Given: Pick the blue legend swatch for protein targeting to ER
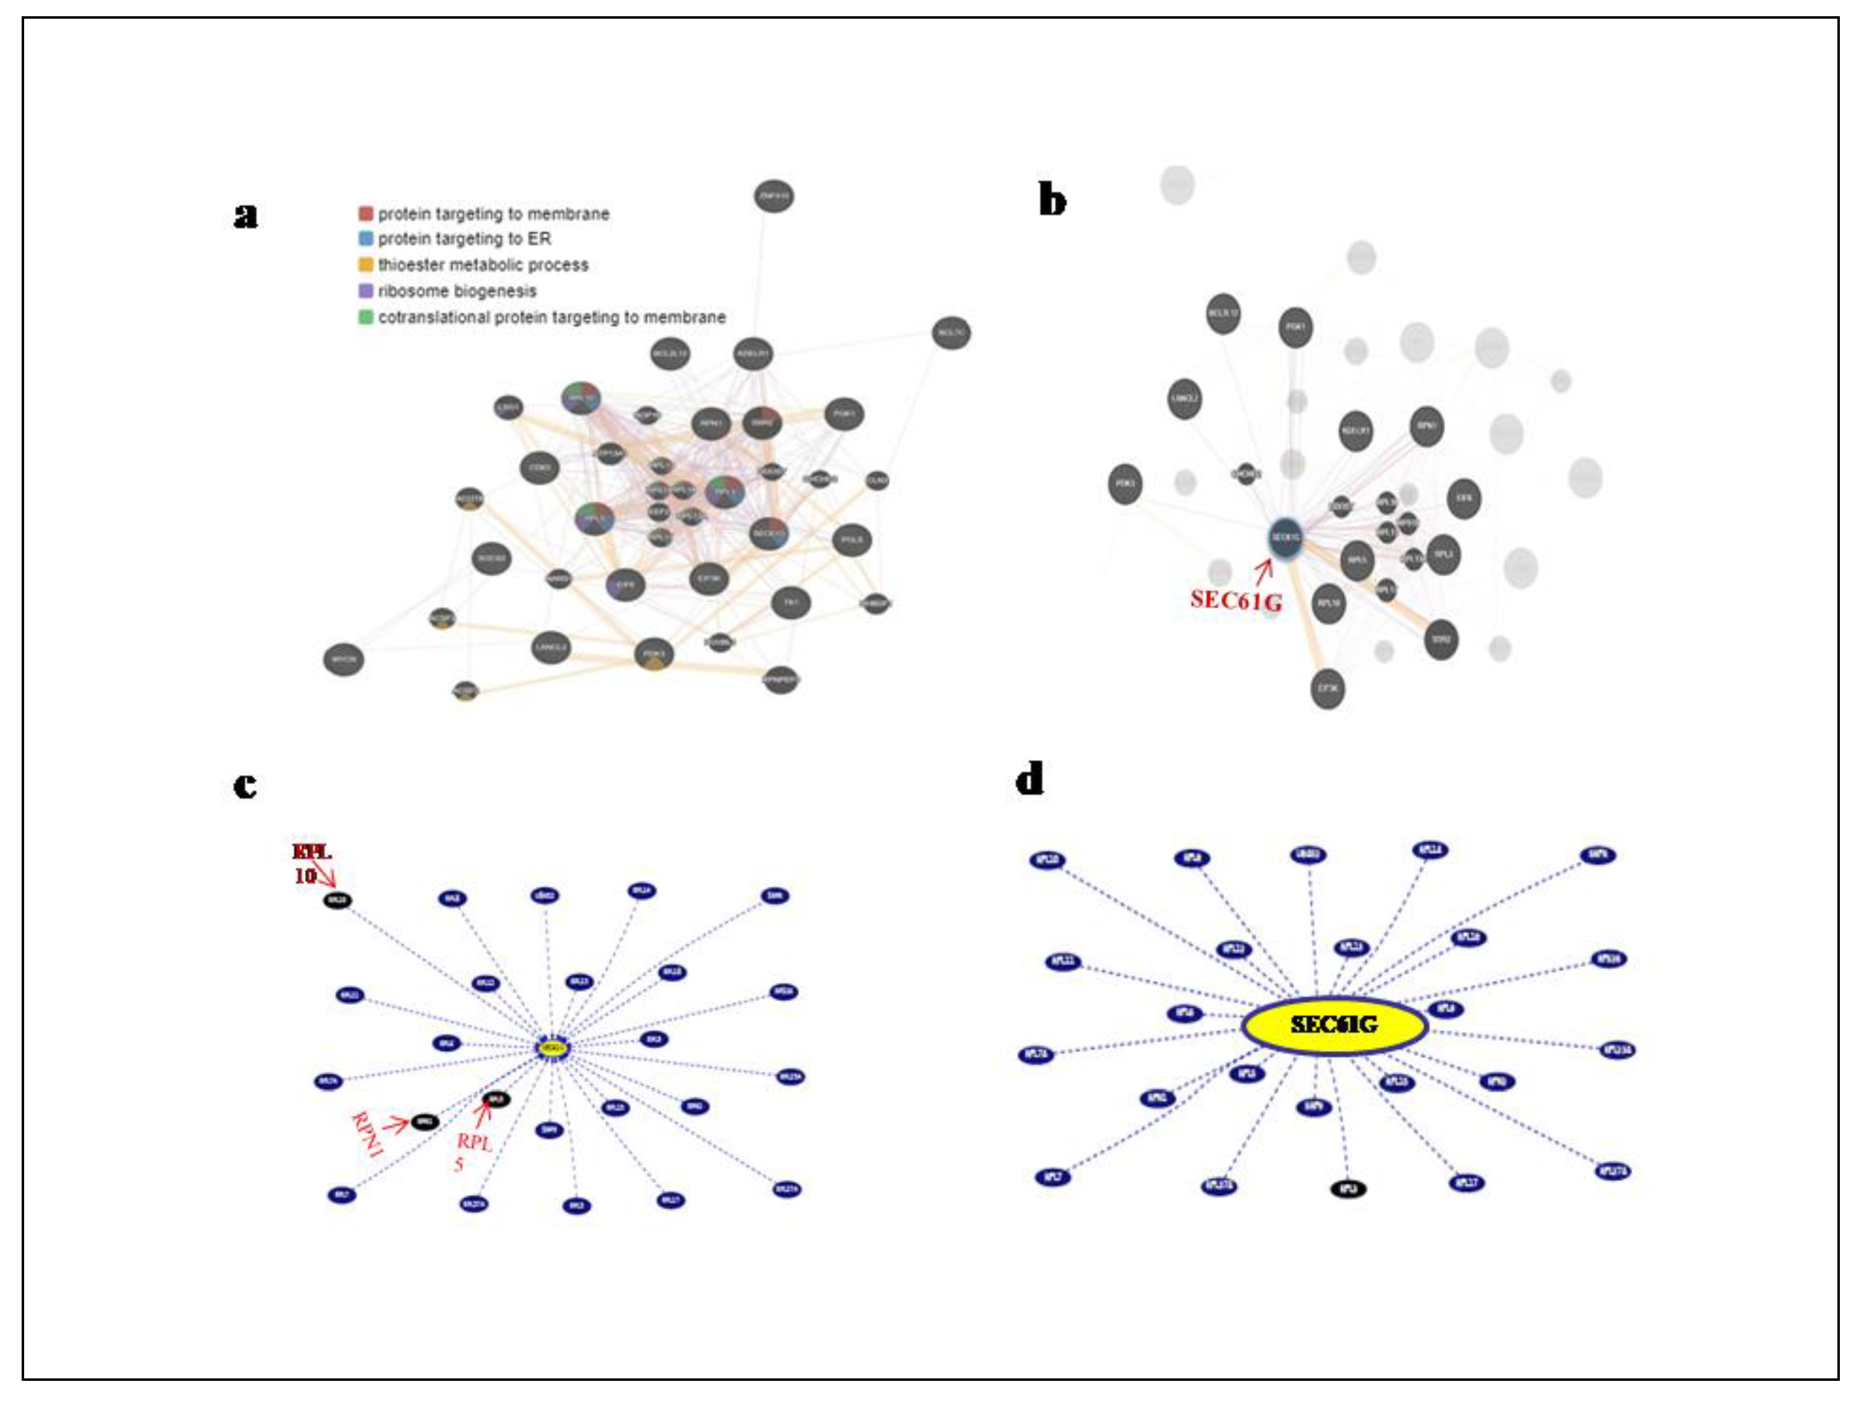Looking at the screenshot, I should (x=365, y=239).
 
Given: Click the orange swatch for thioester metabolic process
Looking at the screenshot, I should (x=365, y=265).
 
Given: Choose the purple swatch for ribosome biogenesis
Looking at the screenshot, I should (x=365, y=291).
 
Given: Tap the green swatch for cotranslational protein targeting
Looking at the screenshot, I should (x=365, y=317).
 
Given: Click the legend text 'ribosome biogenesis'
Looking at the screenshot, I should (x=457, y=291).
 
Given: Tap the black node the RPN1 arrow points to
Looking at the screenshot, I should (x=425, y=1121).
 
